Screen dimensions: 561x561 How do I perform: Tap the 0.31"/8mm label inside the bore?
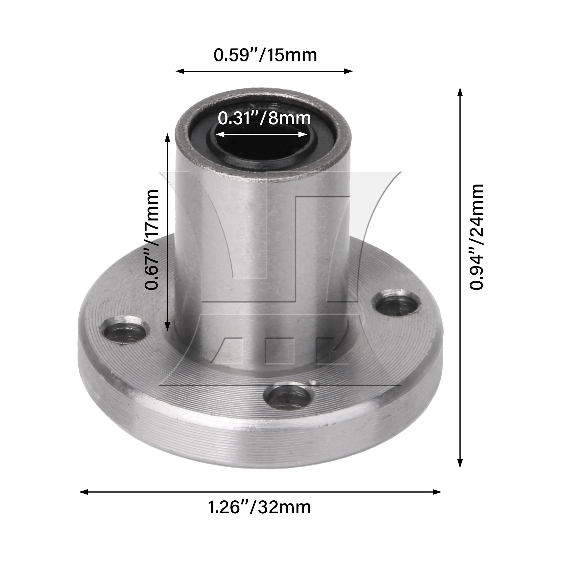pyautogui.click(x=264, y=118)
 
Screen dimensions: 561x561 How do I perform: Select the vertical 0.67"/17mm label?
pyautogui.click(x=152, y=240)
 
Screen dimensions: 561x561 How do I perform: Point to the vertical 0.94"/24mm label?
pyautogui.click(x=477, y=237)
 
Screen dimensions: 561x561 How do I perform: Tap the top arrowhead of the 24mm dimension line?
pyautogui.click(x=460, y=92)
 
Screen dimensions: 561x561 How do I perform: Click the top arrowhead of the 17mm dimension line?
pyautogui.click(x=167, y=137)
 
